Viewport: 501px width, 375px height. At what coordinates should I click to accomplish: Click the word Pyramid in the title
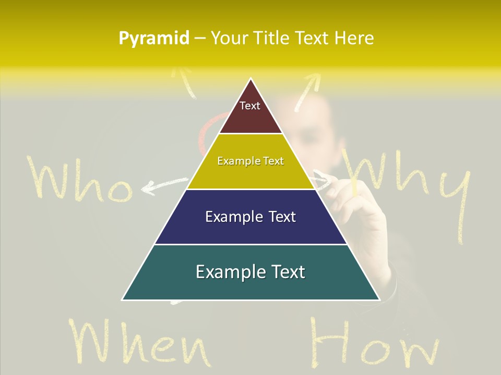click(153, 39)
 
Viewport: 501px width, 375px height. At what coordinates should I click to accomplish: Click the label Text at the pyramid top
click(249, 106)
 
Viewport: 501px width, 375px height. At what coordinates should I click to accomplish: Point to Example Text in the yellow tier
click(250, 161)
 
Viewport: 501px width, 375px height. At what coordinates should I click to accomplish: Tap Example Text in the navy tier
click(250, 217)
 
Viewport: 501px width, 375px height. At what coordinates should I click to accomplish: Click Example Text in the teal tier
click(250, 272)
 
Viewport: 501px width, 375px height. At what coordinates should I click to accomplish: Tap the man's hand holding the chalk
click(360, 208)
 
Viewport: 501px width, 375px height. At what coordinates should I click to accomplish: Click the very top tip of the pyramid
click(251, 79)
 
